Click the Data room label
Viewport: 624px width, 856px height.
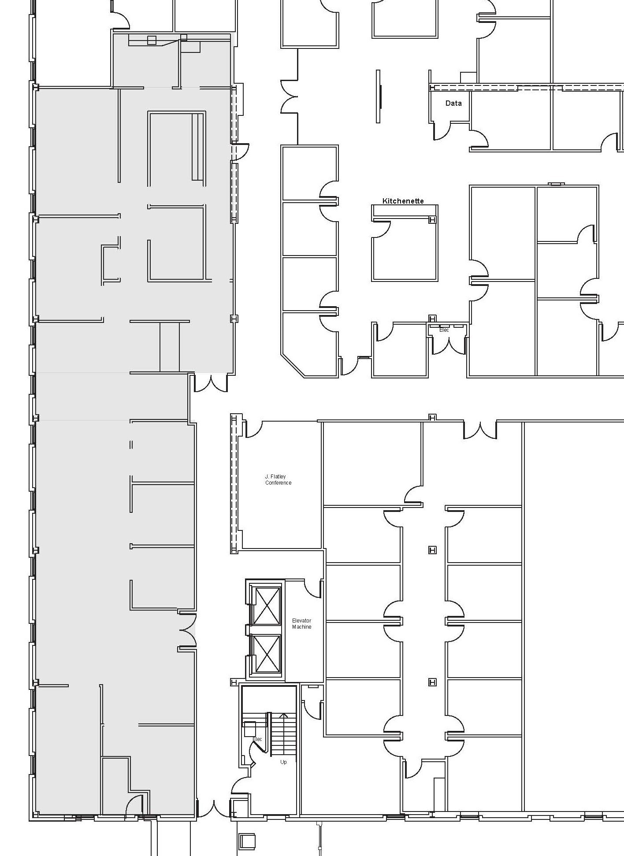tap(453, 103)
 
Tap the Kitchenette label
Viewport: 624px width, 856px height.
tap(403, 201)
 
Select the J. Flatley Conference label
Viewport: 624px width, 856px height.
tap(278, 479)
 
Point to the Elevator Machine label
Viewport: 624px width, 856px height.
tap(301, 623)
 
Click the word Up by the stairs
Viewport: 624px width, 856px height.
tap(283, 762)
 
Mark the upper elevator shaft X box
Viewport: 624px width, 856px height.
tap(266, 606)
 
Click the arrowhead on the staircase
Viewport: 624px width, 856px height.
tap(283, 715)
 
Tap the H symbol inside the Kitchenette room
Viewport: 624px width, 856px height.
tap(432, 219)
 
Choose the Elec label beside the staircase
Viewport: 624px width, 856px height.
tap(257, 739)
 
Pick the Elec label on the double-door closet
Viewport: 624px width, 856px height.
tap(444, 330)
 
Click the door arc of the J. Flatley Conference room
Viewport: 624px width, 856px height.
tap(253, 429)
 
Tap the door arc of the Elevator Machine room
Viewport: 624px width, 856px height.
tap(312, 589)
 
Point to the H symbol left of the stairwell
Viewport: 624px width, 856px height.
tap(234, 682)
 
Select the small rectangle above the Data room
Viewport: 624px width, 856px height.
tap(468, 77)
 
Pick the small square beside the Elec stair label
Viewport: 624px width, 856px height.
tap(249, 729)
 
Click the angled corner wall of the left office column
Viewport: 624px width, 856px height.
tap(293, 365)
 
